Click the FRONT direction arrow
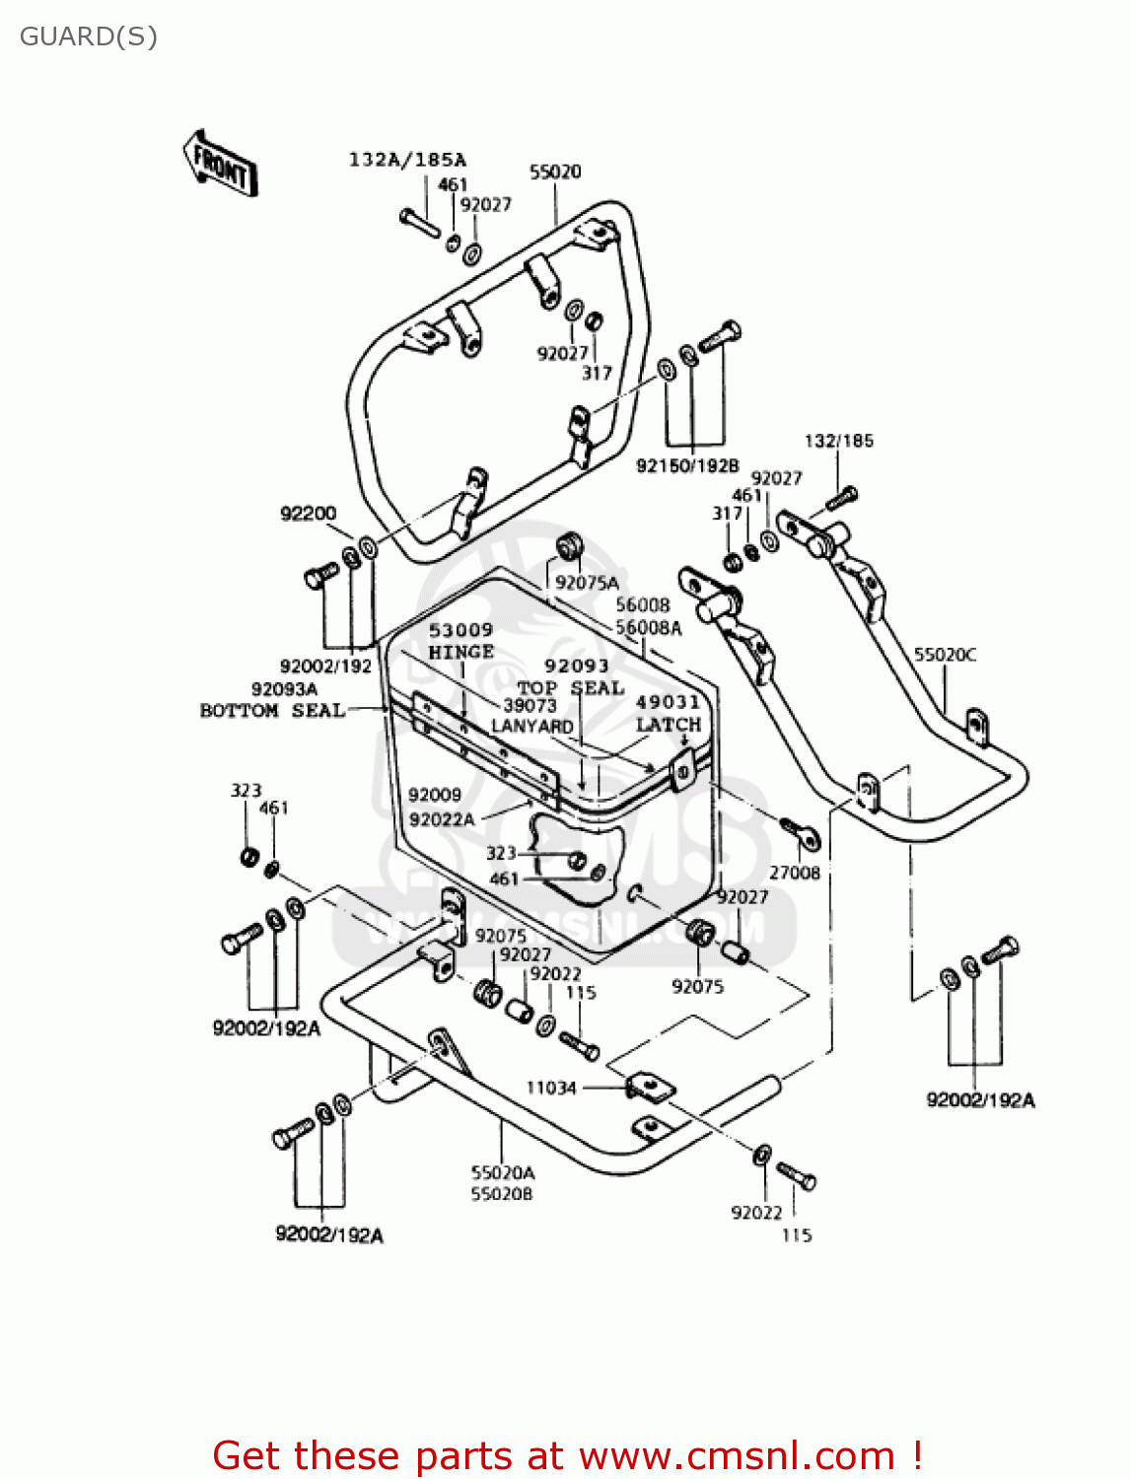click(220, 164)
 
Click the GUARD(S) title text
click(89, 37)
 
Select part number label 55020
click(555, 172)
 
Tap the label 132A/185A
click(407, 160)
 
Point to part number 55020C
click(945, 655)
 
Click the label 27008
click(795, 873)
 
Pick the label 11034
click(550, 1088)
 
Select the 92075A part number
click(587, 583)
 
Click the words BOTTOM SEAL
click(272, 711)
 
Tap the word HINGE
click(460, 652)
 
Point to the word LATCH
click(668, 725)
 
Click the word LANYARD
click(532, 727)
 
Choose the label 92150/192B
click(687, 465)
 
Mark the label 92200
click(308, 514)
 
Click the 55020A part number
click(502, 1172)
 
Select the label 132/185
click(838, 441)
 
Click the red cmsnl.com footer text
click(567, 1455)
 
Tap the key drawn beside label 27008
click(801, 833)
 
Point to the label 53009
click(460, 630)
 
